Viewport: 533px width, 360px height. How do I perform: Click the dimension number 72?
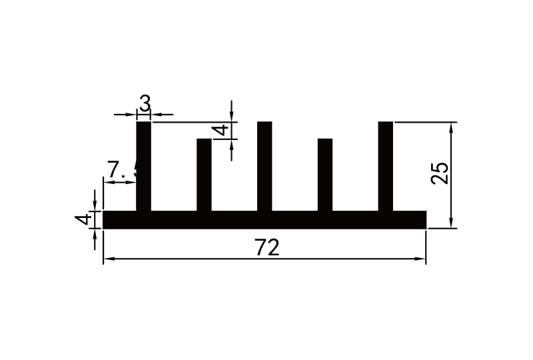(266, 247)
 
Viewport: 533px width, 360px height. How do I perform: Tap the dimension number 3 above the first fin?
(145, 103)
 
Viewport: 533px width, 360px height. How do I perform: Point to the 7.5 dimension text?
(122, 171)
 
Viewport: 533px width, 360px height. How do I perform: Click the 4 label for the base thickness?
(83, 220)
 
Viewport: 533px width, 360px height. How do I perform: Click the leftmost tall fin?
(144, 167)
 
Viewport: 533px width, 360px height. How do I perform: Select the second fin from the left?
(204, 175)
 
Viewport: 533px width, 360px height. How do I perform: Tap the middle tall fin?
(265, 167)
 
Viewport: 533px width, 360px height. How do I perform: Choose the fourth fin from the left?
(325, 175)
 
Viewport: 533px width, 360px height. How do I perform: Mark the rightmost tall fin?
(386, 167)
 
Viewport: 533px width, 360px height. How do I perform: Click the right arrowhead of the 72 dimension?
(421, 259)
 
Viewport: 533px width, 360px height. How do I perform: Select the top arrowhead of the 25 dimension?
(452, 127)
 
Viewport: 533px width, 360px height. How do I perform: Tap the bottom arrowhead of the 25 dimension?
(452, 224)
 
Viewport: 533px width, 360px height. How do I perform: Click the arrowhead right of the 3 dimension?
(157, 115)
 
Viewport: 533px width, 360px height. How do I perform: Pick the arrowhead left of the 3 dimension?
(132, 115)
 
